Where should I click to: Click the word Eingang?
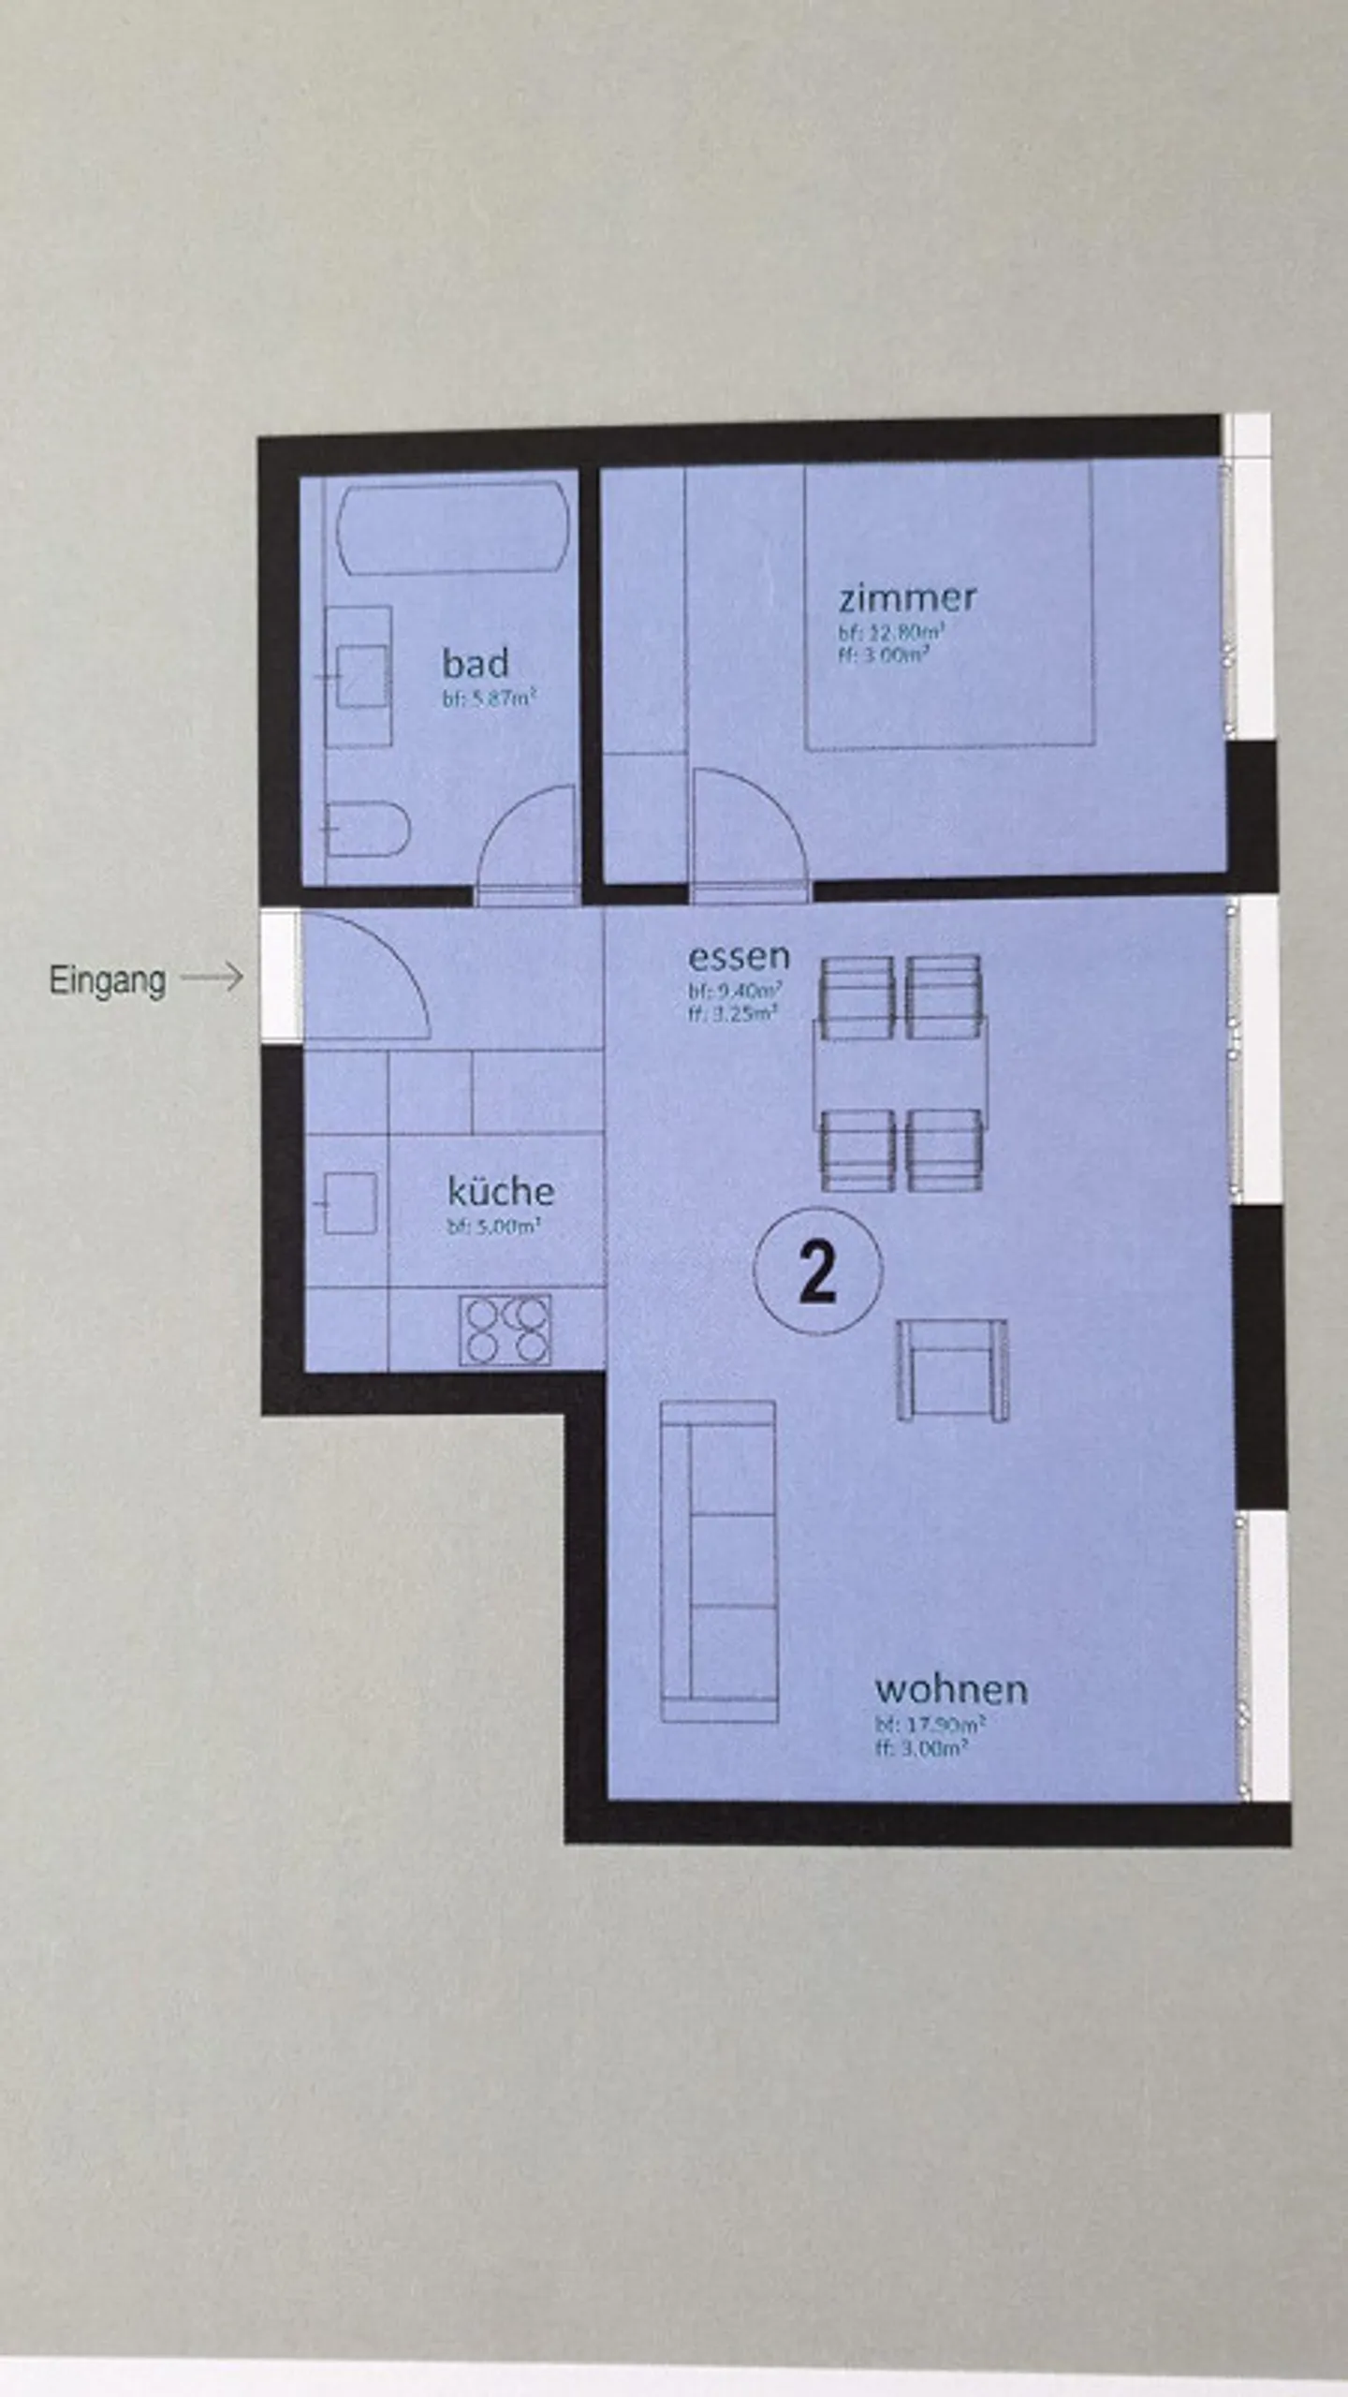(x=107, y=980)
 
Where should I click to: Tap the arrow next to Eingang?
(x=212, y=978)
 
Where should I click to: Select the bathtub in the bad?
(x=453, y=527)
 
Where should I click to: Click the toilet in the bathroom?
(x=367, y=829)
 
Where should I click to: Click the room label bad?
(x=476, y=663)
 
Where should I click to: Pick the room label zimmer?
(x=907, y=596)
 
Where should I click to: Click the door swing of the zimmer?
(x=744, y=829)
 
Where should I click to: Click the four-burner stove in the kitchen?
(x=505, y=1330)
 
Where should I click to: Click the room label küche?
(x=501, y=1191)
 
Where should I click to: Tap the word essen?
(x=739, y=957)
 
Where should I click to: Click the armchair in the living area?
(x=952, y=1370)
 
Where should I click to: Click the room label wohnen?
(x=951, y=1689)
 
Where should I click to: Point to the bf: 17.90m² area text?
(x=929, y=1724)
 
